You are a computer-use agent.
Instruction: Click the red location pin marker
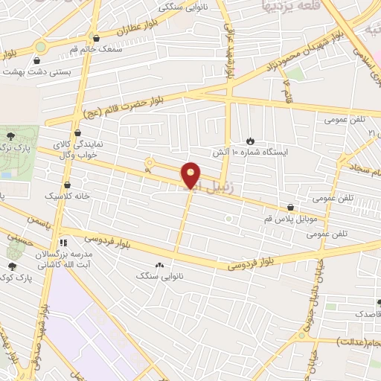[x=191, y=176]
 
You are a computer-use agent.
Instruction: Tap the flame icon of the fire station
[x=250, y=139]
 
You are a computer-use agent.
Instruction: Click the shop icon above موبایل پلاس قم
[x=290, y=208]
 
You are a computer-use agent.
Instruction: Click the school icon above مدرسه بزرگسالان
[x=63, y=243]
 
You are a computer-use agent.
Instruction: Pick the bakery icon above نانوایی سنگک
[x=159, y=265]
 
